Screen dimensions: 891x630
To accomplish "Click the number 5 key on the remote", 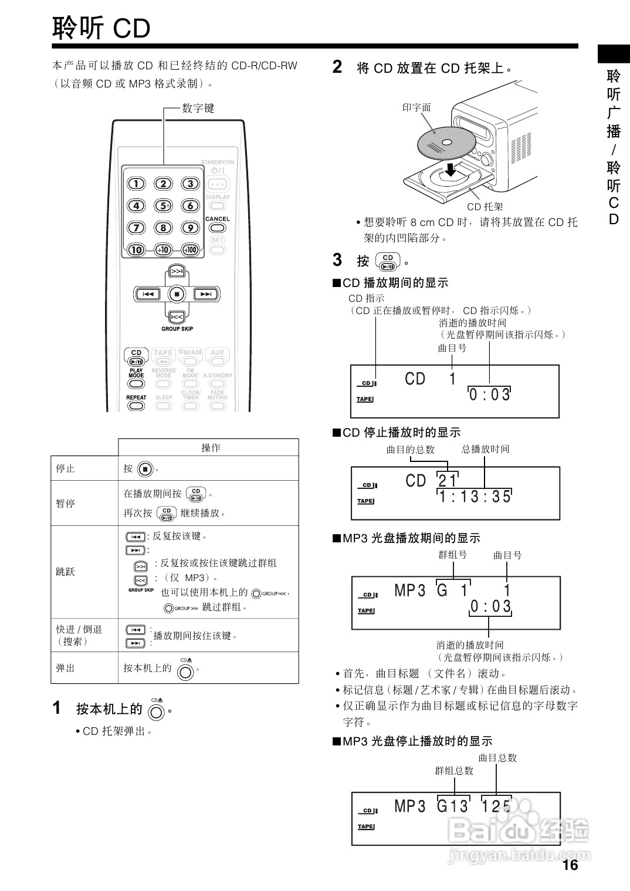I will [163, 205].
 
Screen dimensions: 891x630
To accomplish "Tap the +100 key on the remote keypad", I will [190, 249].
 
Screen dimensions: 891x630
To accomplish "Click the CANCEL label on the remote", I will [218, 219].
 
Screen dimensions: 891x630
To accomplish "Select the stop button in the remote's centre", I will [177, 293].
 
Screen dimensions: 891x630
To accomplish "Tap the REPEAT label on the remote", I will [136, 397].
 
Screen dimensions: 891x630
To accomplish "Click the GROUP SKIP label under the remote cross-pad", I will [177, 329].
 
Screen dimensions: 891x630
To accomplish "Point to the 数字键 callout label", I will [198, 108].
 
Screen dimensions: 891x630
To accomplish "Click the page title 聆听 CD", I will [101, 28].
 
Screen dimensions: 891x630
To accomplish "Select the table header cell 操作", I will [211, 448].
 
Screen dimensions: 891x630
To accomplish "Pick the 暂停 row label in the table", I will [65, 503].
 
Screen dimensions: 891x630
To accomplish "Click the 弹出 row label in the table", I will [65, 668].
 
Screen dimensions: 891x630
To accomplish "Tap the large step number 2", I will [337, 67].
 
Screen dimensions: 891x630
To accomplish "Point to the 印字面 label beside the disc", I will [416, 107].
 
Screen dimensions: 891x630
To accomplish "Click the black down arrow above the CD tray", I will [450, 170].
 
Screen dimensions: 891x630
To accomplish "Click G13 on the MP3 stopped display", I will [453, 806].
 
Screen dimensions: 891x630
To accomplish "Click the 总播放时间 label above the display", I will [485, 449].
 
